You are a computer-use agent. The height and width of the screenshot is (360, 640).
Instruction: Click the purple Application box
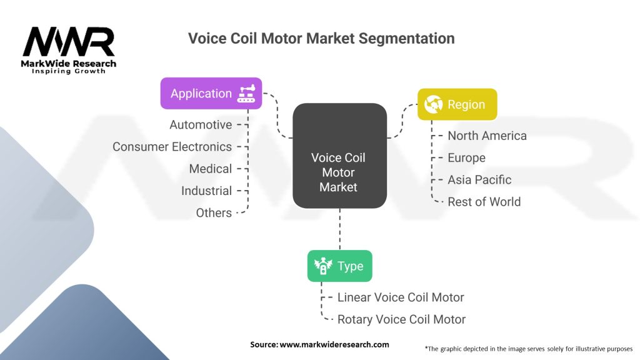211,93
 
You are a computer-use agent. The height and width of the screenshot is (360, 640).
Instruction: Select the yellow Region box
457,104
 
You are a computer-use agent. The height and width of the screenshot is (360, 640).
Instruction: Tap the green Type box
339,266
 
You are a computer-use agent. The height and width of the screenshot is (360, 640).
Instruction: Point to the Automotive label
201,125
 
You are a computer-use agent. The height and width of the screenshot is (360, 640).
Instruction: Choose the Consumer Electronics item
172,147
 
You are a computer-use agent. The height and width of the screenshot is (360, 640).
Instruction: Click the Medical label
211,169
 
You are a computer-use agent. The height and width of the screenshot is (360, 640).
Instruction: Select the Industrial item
206,191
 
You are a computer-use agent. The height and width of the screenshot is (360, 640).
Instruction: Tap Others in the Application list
214,212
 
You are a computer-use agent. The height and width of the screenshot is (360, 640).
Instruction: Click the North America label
487,136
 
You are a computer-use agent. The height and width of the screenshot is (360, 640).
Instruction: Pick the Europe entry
466,157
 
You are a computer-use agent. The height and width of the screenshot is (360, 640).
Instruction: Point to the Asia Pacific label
479,179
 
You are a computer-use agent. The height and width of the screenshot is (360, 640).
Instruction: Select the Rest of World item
484,201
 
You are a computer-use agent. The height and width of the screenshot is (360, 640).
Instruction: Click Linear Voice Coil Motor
401,297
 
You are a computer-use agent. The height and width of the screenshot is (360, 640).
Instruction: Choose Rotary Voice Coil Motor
401,319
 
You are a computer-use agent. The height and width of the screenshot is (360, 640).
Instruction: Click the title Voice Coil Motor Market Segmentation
321,39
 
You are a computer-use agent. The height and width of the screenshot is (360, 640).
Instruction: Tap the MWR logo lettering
69,42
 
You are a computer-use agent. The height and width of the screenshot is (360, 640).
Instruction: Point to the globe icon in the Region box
433,104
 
